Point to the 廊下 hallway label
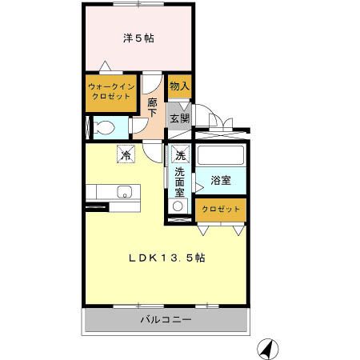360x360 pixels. [x=153, y=107]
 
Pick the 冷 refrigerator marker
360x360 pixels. [x=126, y=154]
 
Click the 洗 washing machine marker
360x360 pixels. [x=180, y=155]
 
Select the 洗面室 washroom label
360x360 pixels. [x=180, y=181]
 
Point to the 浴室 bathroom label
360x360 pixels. [x=221, y=181]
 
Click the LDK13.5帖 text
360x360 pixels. [x=169, y=258]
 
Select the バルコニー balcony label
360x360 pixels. [x=166, y=320]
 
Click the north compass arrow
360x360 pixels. [x=266, y=349]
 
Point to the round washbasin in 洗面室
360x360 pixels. [x=178, y=205]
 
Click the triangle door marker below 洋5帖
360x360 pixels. [x=105, y=67]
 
